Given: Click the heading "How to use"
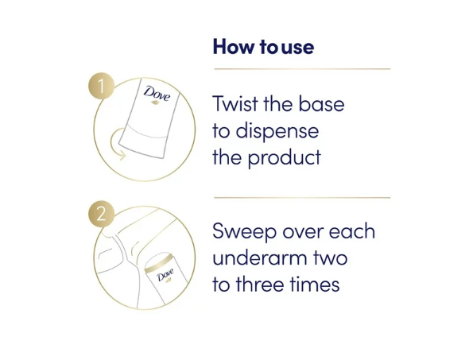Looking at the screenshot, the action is [x=263, y=47].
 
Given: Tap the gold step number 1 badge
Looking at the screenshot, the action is [x=101, y=86].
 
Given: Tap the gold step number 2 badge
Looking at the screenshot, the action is [x=101, y=214].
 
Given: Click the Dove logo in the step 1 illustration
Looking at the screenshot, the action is [x=157, y=95].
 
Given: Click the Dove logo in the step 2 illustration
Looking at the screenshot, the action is [x=165, y=276].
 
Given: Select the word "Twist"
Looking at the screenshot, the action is [x=235, y=104].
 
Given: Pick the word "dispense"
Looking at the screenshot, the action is [x=277, y=130].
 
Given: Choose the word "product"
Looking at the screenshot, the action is [x=285, y=157].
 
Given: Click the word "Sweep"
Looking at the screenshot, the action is [x=244, y=231].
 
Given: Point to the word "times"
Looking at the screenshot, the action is [x=315, y=284].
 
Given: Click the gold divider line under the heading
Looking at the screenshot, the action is [x=302, y=69].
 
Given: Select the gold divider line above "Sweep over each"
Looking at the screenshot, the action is [x=302, y=198].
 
